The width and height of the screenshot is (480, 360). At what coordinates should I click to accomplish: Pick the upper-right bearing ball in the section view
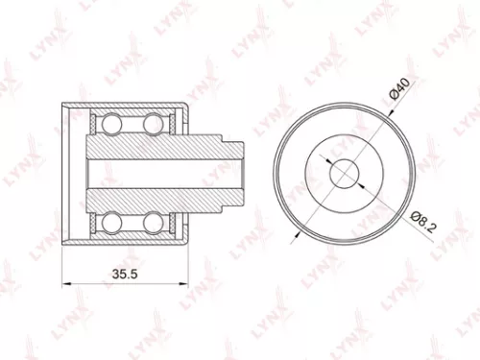tap(154, 123)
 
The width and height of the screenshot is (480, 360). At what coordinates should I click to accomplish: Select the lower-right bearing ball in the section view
tap(154, 224)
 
